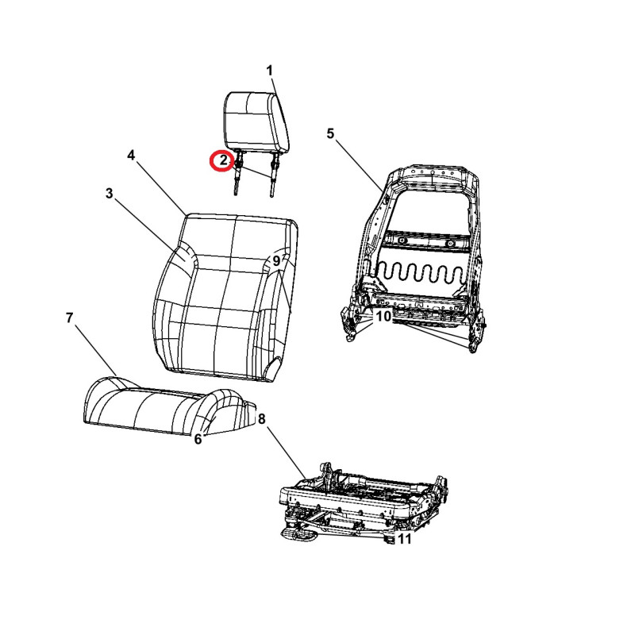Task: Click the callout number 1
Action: (x=270, y=71)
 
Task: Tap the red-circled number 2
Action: (x=224, y=160)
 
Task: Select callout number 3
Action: (x=109, y=193)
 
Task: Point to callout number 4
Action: (x=131, y=155)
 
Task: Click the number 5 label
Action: (x=330, y=133)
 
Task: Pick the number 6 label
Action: (x=198, y=439)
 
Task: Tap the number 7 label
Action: (x=69, y=318)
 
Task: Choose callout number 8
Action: (x=262, y=419)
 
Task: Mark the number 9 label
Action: (x=276, y=261)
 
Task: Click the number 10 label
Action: (x=384, y=316)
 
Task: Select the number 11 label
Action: (x=405, y=539)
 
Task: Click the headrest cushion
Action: (x=256, y=121)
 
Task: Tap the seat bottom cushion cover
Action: (x=170, y=406)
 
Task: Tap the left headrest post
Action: (x=237, y=173)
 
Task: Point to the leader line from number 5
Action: (x=359, y=164)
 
